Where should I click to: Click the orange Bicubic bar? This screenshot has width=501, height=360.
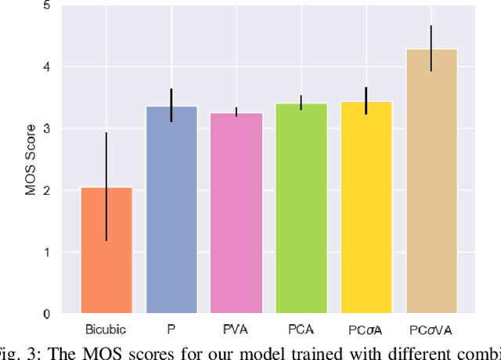pyautogui.click(x=106, y=250)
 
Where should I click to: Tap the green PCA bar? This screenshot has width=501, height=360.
pyautogui.click(x=301, y=208)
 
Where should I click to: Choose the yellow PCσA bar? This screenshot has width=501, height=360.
pyautogui.click(x=366, y=207)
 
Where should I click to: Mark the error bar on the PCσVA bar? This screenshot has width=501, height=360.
pyautogui.click(x=431, y=49)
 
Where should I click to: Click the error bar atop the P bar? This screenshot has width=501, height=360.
pyautogui.click(x=171, y=105)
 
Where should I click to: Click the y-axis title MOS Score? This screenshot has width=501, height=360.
pyautogui.click(x=31, y=160)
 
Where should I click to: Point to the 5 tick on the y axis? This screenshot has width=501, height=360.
pyautogui.click(x=46, y=5)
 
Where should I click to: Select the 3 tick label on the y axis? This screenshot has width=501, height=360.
pyautogui.click(x=46, y=129)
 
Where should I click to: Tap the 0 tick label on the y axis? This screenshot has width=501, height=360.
pyautogui.click(x=46, y=315)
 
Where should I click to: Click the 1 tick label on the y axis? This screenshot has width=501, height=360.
pyautogui.click(x=46, y=253)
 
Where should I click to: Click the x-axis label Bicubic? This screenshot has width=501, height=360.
pyautogui.click(x=106, y=329)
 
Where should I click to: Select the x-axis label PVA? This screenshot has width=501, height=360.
pyautogui.click(x=236, y=329)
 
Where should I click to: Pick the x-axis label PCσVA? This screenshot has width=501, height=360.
pyautogui.click(x=431, y=329)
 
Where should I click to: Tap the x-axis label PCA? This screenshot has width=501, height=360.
pyautogui.click(x=301, y=329)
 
